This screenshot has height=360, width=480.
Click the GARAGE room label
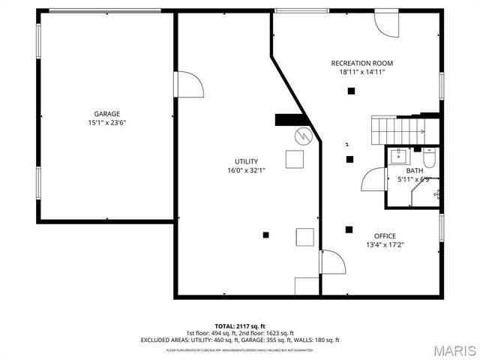106,114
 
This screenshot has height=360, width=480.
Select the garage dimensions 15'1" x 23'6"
106,122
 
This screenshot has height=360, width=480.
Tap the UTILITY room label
246,161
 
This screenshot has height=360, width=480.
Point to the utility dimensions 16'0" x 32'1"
246,170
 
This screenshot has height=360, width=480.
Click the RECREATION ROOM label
362,64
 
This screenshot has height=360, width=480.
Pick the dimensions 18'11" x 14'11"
362,73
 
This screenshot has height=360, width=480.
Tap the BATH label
414,171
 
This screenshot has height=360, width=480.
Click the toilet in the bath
429,158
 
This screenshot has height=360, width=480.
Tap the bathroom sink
399,156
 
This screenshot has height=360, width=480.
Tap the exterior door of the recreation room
388,24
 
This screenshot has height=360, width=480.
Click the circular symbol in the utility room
301,136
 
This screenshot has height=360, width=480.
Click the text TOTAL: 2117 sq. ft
239,326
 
